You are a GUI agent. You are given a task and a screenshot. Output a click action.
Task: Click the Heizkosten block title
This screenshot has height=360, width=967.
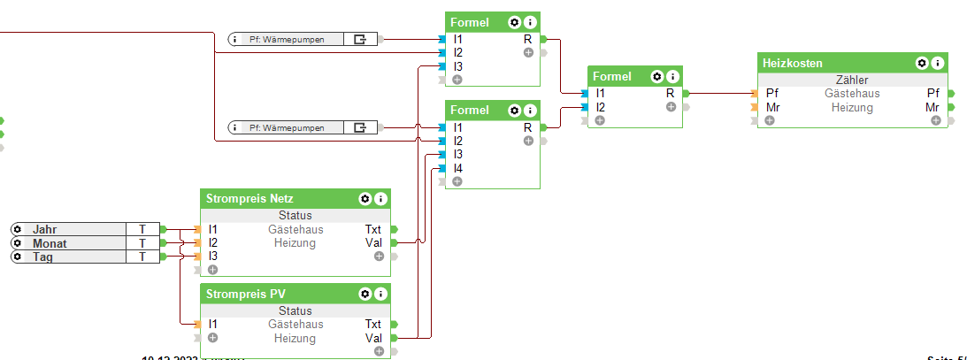point(793,64)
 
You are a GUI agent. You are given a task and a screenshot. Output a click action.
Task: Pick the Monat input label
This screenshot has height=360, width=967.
point(50,243)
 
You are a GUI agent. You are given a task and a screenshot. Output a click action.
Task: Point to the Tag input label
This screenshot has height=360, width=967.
point(43,257)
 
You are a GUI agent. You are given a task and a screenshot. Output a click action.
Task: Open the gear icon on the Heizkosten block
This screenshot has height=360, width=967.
point(921,64)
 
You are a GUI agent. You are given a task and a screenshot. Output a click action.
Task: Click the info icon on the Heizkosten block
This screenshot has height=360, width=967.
point(937,64)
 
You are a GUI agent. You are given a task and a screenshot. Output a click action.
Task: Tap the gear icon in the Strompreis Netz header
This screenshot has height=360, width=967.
point(364,199)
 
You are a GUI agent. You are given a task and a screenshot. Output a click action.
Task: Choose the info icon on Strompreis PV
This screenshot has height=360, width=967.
point(380,294)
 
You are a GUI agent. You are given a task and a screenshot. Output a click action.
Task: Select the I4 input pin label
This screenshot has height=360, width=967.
point(458,168)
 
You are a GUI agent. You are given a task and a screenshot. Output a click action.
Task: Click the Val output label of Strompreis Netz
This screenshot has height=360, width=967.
point(373,242)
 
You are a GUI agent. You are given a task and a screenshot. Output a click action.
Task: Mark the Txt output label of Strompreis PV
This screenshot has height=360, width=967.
point(373,325)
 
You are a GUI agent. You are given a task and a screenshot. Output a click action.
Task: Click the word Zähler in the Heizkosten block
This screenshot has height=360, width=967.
point(852,80)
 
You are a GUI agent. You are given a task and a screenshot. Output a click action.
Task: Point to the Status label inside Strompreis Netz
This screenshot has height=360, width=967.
point(295,215)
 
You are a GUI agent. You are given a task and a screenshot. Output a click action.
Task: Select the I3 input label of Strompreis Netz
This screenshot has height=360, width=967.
point(212,256)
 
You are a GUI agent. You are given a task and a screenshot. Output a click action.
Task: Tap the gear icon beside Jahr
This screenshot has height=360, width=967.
point(17,229)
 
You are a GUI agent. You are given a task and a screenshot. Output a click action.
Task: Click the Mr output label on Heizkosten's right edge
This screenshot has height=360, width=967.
point(933,108)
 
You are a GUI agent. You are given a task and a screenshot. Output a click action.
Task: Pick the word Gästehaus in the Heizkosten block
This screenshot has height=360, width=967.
point(852,93)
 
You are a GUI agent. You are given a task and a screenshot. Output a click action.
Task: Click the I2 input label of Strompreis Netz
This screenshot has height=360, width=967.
point(212,242)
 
